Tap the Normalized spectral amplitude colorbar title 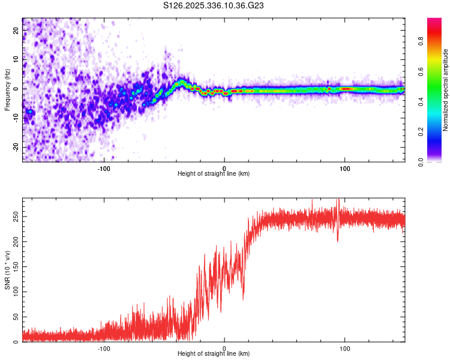(x=446, y=90)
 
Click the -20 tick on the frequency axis (x=15, y=147)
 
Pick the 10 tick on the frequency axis (x=16, y=59)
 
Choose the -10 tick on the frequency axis (x=15, y=118)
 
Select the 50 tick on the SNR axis (x=16, y=316)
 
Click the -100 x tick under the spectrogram (x=103, y=168)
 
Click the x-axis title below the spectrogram (x=214, y=174)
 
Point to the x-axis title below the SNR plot (x=214, y=354)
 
